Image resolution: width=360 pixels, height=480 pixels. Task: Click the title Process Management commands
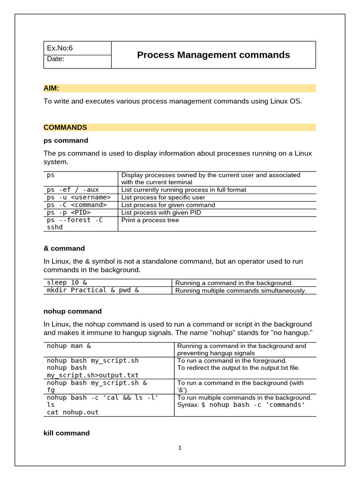(213, 55)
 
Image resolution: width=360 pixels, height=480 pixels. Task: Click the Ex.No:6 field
(60, 48)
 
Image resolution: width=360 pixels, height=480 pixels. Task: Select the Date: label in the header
(56, 59)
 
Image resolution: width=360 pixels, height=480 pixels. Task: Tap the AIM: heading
(51, 88)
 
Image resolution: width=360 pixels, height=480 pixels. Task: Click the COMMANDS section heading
(65, 127)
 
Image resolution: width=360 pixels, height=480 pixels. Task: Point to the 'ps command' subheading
(66, 141)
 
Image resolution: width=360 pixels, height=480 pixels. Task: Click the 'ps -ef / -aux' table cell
(73, 190)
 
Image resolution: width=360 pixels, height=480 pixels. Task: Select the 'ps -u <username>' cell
(79, 197)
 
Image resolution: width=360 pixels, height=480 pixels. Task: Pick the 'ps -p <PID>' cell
(68, 212)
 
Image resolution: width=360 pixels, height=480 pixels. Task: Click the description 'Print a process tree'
(150, 220)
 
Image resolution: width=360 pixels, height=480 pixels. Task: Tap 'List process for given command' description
(168, 205)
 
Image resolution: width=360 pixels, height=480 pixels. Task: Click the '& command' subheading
(64, 248)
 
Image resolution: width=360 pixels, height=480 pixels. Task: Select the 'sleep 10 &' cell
(67, 283)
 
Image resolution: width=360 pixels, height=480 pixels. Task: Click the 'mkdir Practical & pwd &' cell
(93, 290)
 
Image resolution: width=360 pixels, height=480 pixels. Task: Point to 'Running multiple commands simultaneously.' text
(241, 291)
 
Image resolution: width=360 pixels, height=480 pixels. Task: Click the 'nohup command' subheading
(73, 311)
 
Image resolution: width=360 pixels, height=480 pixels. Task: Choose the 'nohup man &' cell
(69, 346)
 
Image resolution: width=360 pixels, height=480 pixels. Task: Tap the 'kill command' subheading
(67, 433)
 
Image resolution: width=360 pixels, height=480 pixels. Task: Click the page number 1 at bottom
(180, 448)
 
